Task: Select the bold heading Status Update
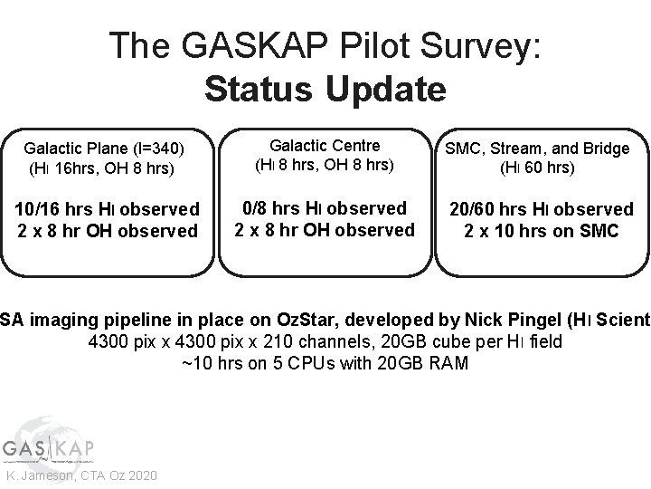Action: (x=325, y=89)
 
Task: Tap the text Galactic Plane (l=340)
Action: (x=104, y=148)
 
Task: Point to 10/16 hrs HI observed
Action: (x=108, y=209)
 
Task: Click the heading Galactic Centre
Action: (x=325, y=145)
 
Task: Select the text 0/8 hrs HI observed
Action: (x=325, y=208)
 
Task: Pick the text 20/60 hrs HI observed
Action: (x=542, y=209)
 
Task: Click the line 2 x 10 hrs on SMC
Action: (x=542, y=231)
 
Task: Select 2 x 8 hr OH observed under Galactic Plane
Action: (x=108, y=231)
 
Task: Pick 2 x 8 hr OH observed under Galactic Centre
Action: (x=325, y=230)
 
